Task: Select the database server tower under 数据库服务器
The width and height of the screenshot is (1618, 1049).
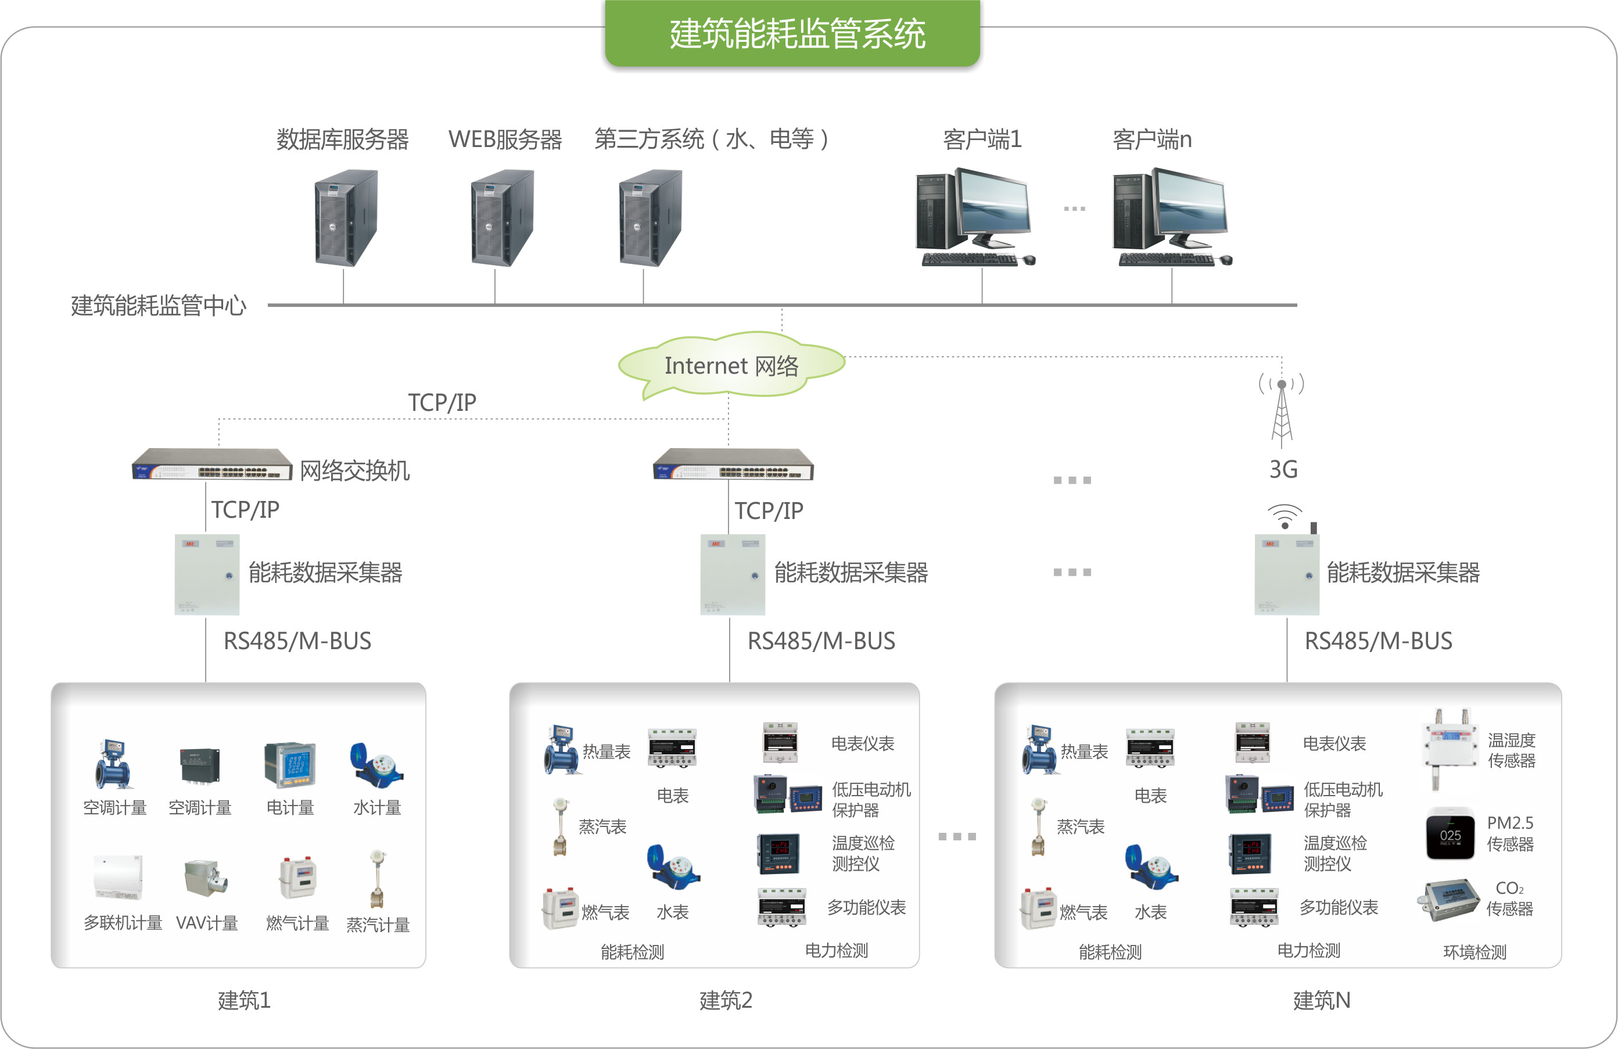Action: pos(345,217)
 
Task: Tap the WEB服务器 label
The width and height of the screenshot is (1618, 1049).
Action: pos(504,139)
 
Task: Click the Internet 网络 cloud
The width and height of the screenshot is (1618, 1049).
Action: pos(731,366)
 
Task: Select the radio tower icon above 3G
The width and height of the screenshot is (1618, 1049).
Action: pos(1282,411)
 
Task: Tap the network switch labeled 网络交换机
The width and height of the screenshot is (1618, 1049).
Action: pos(211,464)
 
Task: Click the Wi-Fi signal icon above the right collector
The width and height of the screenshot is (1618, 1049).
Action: pos(1284,517)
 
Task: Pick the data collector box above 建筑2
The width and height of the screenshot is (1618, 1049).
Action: pos(732,574)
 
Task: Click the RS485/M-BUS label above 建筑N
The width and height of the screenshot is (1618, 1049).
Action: pos(1378,641)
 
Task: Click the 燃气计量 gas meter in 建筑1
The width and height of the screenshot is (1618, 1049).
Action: pos(298,878)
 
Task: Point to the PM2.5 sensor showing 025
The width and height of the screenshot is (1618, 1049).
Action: pos(1450,833)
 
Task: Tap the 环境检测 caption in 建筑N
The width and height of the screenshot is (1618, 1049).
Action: pos(1474,952)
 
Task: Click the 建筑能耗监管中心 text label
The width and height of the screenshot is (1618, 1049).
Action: pos(159,306)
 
